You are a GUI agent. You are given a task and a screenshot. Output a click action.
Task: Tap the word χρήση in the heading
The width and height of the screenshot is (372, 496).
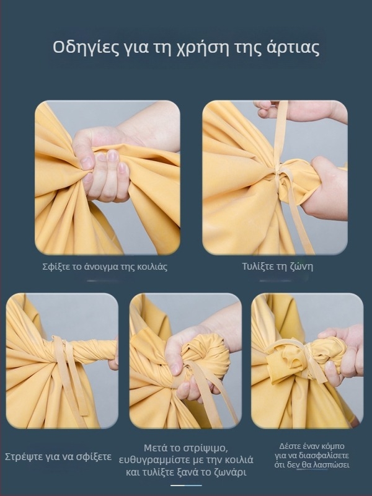point(202,48)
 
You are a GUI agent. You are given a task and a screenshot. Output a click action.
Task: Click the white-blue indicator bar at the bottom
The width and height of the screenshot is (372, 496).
point(187,485)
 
